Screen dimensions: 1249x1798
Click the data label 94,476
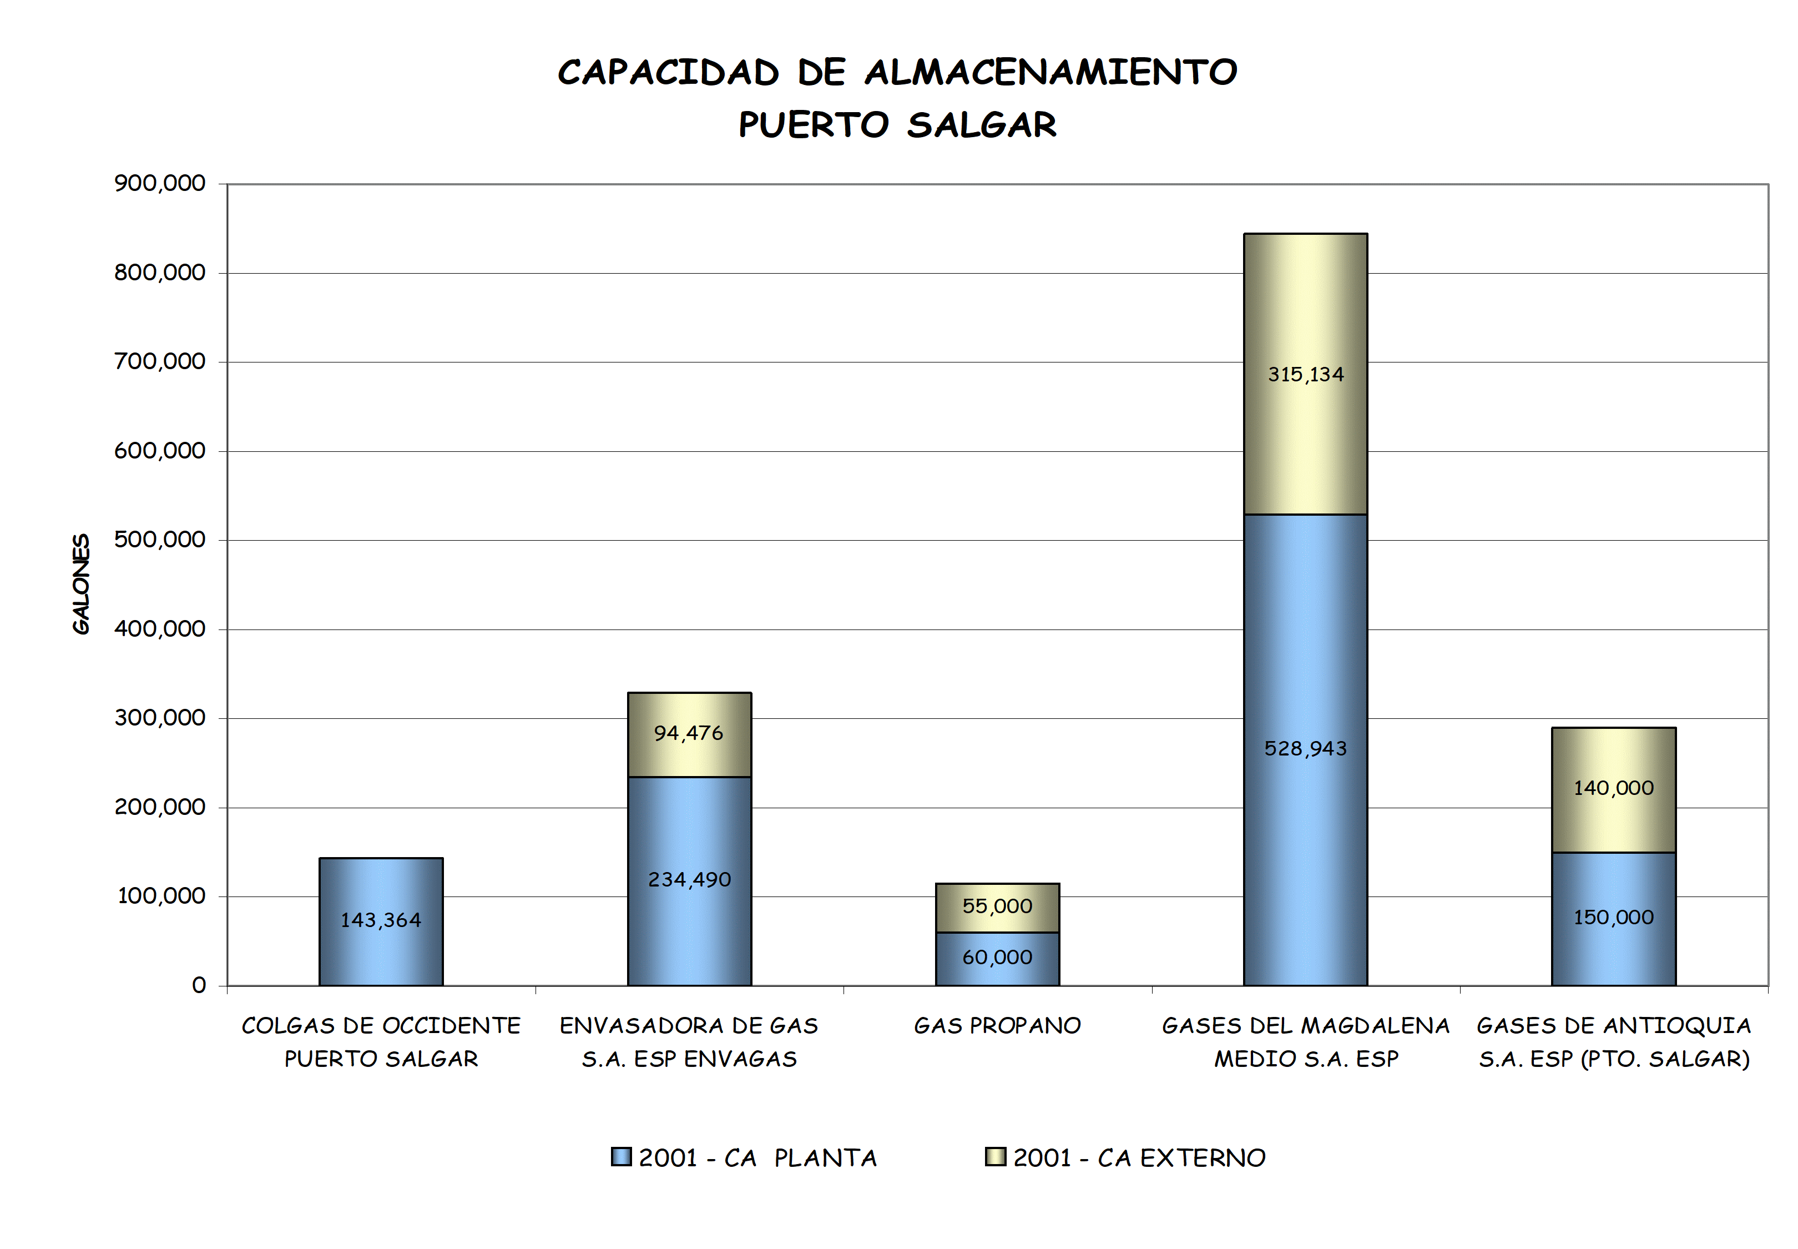coord(689,733)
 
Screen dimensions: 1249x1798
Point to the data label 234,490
coord(689,880)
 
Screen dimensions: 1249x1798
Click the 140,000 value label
coord(1613,788)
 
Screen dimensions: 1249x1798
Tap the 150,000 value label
coord(1613,917)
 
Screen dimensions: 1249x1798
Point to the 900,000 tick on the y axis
coord(160,183)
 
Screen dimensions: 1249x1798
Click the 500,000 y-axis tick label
coord(160,540)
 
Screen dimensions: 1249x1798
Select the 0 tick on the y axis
coord(199,985)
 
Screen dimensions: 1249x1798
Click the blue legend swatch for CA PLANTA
coord(621,1157)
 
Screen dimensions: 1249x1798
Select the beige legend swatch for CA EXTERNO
coord(995,1157)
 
